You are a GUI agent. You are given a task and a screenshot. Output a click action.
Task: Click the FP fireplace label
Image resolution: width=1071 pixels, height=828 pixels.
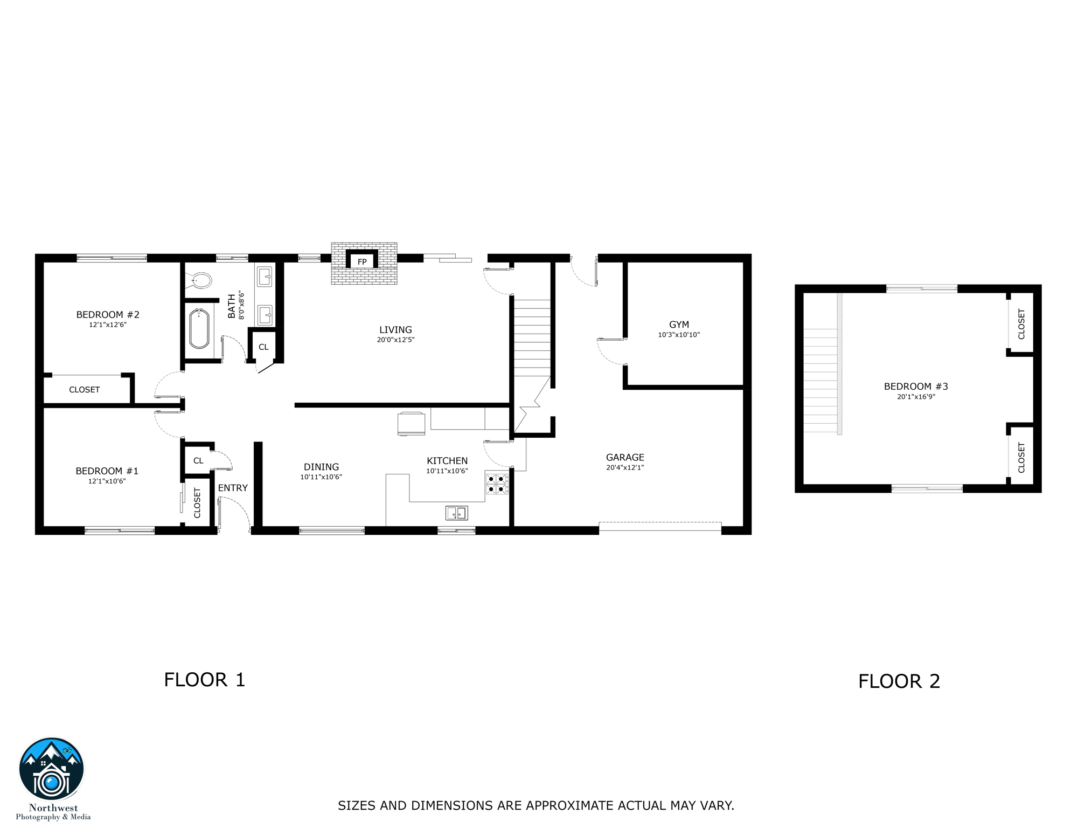(362, 262)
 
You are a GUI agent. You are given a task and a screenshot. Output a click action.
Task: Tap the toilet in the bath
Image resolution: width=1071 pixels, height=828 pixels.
(200, 280)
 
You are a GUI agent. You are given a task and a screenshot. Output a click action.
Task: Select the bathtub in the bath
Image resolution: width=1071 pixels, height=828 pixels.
(199, 329)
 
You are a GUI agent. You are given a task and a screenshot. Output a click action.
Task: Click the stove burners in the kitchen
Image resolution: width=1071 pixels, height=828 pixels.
(496, 484)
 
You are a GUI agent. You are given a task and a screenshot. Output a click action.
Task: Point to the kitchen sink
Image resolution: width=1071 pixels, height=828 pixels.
(456, 513)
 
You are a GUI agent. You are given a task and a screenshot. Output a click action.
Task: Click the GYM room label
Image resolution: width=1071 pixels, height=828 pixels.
(679, 325)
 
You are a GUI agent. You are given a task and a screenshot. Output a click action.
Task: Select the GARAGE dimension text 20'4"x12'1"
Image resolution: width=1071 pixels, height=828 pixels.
(625, 468)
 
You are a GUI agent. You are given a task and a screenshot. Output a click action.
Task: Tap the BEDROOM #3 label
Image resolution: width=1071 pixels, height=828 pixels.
(915, 387)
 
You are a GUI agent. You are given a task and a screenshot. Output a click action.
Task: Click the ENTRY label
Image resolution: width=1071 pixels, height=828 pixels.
(233, 488)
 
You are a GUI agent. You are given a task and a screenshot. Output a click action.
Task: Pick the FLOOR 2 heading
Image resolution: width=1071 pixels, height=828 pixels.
(899, 681)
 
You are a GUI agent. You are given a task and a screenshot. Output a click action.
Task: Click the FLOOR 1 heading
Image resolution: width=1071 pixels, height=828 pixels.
(204, 680)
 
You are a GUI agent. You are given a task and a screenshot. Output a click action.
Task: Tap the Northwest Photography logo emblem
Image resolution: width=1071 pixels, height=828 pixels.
(52, 770)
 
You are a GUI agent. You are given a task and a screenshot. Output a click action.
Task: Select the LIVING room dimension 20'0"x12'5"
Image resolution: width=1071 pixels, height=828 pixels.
(395, 340)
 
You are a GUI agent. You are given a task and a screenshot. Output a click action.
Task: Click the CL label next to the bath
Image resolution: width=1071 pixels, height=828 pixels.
(263, 347)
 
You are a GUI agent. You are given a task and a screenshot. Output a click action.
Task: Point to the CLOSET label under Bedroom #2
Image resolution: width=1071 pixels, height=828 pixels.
(84, 390)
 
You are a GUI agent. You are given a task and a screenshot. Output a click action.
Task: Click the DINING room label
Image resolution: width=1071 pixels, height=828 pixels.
(321, 467)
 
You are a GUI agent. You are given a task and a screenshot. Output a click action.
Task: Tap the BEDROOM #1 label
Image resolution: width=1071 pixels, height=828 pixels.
(107, 471)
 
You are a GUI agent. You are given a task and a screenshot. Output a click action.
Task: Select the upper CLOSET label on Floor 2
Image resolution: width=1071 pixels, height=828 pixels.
(1021, 324)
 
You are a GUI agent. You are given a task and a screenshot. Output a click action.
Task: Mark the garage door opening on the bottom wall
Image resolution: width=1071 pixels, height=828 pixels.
(659, 526)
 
